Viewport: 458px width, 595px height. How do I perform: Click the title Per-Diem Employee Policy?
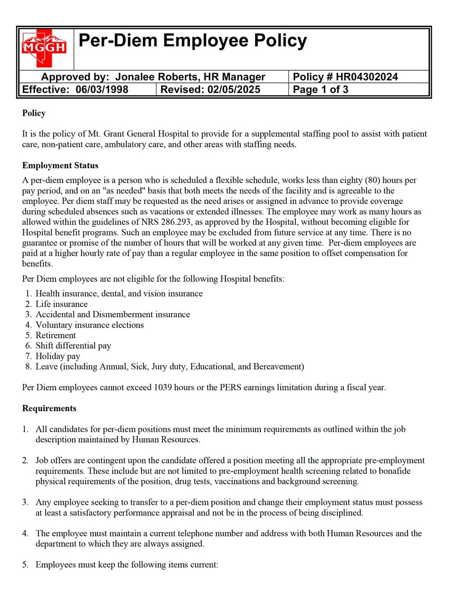(192, 40)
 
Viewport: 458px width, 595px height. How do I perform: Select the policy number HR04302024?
(367, 77)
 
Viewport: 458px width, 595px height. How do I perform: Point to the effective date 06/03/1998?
(102, 89)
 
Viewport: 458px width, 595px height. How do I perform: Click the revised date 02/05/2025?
(234, 89)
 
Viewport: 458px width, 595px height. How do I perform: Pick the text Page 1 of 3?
(320, 89)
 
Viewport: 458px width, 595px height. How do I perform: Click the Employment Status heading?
(60, 165)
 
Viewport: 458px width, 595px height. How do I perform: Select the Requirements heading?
(49, 408)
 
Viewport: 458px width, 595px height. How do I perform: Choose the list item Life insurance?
(62, 304)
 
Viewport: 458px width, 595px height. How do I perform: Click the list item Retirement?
(56, 335)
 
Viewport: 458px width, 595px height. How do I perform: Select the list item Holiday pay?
(58, 356)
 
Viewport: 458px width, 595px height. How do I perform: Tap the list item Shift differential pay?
(73, 345)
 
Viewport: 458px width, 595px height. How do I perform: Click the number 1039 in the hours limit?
(163, 387)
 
